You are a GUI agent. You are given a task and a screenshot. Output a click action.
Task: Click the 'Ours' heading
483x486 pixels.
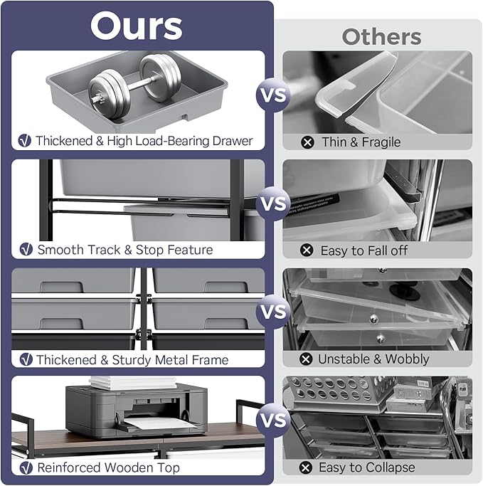coord(137,26)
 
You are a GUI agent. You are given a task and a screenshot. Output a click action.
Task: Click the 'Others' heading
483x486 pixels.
coord(381,37)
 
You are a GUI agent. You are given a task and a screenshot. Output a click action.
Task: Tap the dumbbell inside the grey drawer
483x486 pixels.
coord(134,86)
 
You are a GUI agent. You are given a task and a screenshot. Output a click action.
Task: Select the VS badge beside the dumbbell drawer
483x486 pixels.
coord(273,95)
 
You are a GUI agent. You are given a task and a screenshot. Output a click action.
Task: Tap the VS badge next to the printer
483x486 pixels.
coord(273,420)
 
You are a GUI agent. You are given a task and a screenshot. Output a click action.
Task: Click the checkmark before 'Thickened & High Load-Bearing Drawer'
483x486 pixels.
coord(25,141)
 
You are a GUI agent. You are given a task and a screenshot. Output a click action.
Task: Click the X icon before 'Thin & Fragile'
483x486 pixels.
coord(307,142)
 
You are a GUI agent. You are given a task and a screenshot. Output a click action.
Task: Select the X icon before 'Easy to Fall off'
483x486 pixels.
coord(307,250)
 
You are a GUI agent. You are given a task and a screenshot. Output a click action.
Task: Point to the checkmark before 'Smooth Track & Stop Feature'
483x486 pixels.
coord(26,249)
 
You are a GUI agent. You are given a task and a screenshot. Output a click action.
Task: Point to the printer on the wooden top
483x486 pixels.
coord(137,410)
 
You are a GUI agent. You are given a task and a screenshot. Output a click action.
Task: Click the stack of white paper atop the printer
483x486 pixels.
coord(132,383)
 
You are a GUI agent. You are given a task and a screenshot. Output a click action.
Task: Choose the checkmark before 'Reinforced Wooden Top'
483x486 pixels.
coord(26,467)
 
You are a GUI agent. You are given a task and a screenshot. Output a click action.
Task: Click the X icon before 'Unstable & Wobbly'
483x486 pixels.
coord(306,359)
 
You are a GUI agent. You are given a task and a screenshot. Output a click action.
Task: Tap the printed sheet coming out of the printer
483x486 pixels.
coord(158,423)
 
